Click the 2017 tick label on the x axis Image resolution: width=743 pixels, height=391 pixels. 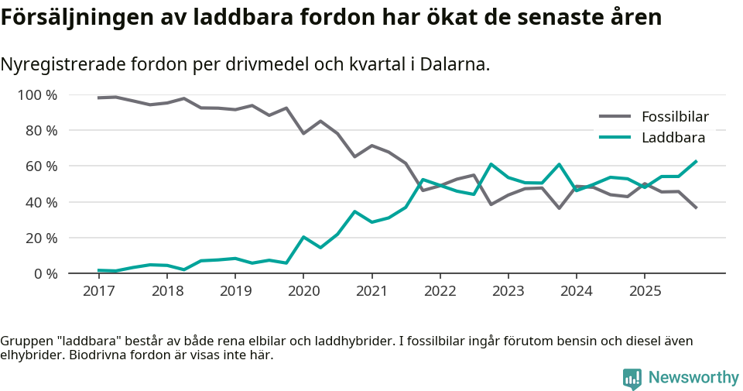98,291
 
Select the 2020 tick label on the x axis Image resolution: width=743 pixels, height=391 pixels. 303,291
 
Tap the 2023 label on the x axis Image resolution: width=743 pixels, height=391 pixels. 508,291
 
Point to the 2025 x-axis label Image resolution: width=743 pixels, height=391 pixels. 645,291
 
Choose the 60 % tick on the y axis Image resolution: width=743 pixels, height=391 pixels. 40,166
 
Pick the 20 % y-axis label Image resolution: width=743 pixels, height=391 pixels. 40,238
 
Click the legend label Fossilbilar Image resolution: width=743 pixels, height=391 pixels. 675,117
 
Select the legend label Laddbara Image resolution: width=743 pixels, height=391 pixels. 673,138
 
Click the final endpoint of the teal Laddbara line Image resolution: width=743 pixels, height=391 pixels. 697,161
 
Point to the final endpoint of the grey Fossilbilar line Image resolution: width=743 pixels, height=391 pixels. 697,208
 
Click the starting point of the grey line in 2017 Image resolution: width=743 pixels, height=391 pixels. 98,98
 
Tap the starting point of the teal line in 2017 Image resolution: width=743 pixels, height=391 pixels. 98,270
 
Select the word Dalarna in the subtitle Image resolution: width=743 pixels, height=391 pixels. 455,64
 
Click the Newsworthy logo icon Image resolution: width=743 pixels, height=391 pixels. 632,378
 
